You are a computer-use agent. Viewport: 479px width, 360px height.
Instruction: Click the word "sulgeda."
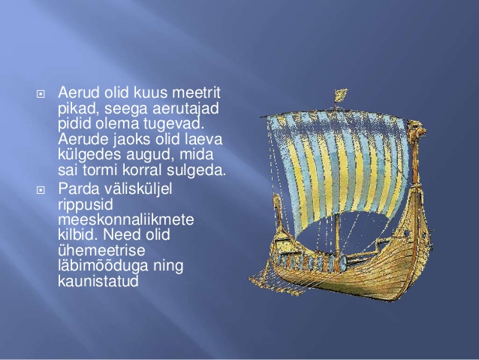pyautogui.click(x=196, y=171)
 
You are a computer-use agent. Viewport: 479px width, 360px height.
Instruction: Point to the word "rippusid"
pyautogui.click(x=86, y=204)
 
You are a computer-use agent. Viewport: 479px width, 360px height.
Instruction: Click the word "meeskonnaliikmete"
pyautogui.click(x=126, y=219)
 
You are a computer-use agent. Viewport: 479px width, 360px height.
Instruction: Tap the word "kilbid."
pyautogui.click(x=78, y=234)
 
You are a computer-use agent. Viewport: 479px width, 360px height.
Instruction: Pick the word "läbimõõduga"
pyautogui.click(x=103, y=266)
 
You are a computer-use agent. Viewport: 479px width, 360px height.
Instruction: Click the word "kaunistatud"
pyautogui.click(x=98, y=281)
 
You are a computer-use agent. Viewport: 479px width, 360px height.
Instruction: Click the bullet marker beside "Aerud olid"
pyautogui.click(x=41, y=94)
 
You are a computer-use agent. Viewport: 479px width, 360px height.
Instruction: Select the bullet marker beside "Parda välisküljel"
pyautogui.click(x=41, y=190)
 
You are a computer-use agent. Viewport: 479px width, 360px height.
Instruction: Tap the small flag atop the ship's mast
pyautogui.click(x=341, y=95)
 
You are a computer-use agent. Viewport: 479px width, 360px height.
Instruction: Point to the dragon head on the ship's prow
pyautogui.click(x=417, y=131)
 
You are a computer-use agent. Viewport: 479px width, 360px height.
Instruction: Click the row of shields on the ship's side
pyautogui.click(x=312, y=262)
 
